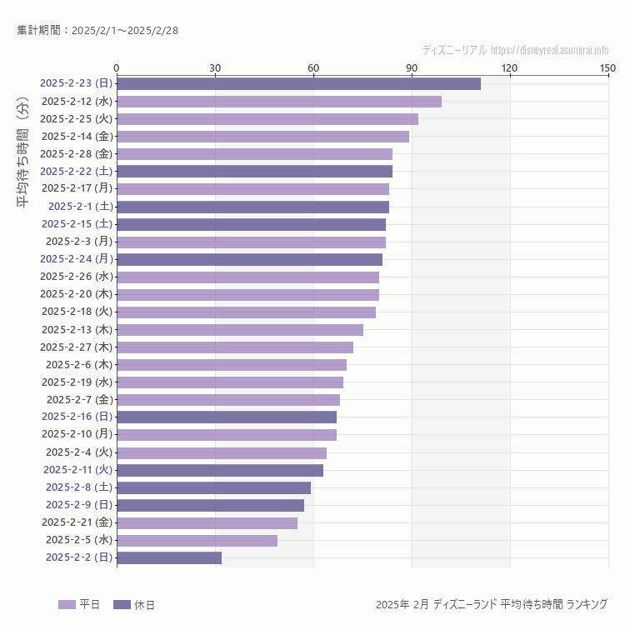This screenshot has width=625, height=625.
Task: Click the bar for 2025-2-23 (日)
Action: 298,83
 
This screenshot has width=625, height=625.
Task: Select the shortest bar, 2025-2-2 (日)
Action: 169,557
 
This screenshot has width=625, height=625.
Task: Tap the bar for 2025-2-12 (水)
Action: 279,101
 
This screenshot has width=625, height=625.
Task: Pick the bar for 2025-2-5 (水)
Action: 197,540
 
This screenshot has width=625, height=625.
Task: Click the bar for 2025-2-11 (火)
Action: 220,470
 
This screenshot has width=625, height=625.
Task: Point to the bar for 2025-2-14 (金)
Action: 262,136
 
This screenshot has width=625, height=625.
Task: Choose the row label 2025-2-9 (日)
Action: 78,505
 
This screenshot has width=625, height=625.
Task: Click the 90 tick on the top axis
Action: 412,67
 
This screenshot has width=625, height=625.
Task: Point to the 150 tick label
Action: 607,67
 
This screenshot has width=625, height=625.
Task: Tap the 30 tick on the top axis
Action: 215,67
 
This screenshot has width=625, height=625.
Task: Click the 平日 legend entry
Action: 80,604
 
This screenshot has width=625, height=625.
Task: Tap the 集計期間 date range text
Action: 97,31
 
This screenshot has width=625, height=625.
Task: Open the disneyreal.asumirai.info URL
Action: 549,50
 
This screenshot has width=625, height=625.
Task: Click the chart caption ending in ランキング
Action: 492,604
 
